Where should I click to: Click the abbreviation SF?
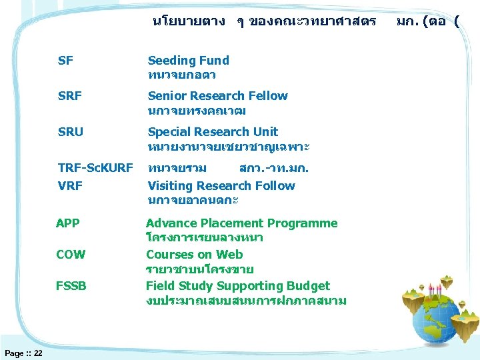(x=65, y=61)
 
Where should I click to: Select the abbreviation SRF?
(x=70, y=96)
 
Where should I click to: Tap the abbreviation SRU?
(x=71, y=132)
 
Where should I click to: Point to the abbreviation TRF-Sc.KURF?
(x=95, y=167)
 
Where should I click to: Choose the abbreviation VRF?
(x=70, y=186)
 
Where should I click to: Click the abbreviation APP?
(x=68, y=223)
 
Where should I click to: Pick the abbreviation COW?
(x=70, y=255)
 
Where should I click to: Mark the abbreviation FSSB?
(x=71, y=286)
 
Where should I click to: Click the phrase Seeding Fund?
(x=188, y=61)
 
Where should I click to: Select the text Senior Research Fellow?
(x=217, y=96)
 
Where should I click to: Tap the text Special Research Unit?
(x=213, y=132)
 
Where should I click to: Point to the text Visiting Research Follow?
(x=221, y=186)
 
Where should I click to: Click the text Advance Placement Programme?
(x=241, y=223)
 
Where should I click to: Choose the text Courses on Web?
(x=194, y=255)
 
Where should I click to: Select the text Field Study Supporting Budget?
(x=237, y=286)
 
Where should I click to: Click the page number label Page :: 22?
(x=23, y=353)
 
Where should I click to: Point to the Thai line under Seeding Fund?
(x=181, y=75)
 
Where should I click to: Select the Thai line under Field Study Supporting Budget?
(x=245, y=301)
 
